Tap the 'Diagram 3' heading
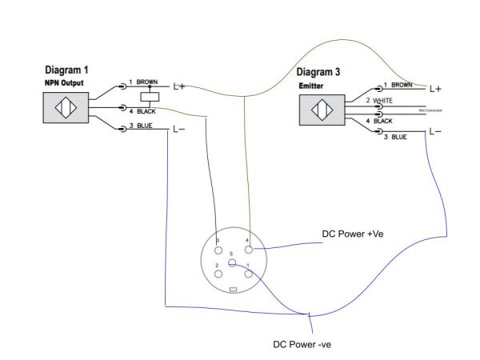pos(329,72)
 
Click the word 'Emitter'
pos(313,85)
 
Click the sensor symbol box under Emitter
pos(321,110)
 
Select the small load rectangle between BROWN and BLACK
pos(146,96)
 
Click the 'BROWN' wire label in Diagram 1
pos(147,82)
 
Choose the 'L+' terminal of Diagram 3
pos(436,88)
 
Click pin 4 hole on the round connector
pos(248,250)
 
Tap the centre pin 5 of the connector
pos(232,262)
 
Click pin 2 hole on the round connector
pos(217,273)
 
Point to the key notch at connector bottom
pos(233,288)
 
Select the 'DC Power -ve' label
pos(302,345)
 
